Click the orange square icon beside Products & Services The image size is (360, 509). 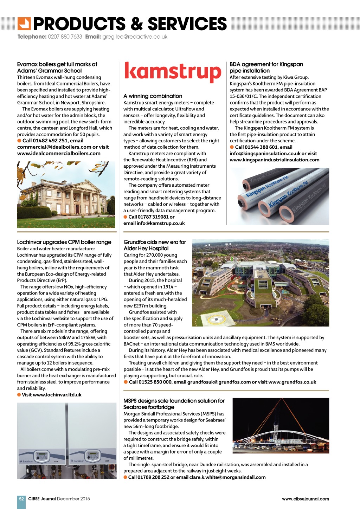point(24,24)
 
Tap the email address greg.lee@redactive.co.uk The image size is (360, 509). point(135,37)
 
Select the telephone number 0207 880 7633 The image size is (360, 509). point(65,37)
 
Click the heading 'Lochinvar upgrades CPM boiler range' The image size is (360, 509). point(64,242)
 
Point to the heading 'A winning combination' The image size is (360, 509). point(153,96)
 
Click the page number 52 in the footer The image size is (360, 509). point(21,499)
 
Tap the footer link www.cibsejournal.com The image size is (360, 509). point(305,499)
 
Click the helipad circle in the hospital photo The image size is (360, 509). point(216,320)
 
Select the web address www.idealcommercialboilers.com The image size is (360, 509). point(59,153)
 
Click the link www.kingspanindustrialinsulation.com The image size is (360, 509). point(274,160)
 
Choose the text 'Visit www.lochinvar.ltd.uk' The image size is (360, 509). point(51,395)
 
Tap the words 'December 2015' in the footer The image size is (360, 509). point(73,499)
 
